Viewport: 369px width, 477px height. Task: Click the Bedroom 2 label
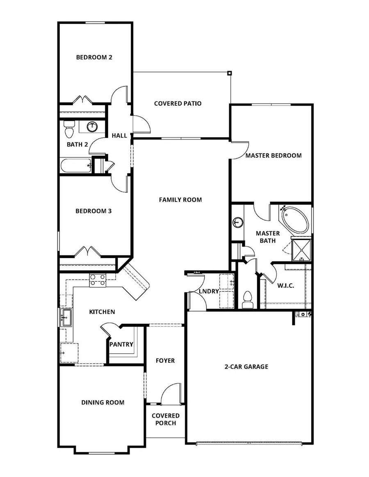point(94,57)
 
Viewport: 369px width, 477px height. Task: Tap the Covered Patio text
point(178,104)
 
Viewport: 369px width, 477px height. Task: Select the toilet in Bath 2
point(69,129)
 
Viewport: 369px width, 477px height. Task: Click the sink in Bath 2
point(93,127)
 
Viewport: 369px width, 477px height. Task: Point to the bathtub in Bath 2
point(76,166)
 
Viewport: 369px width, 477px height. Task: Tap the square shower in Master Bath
point(302,249)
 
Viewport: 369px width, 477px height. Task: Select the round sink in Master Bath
point(237,223)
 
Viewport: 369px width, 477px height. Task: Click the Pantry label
point(121,344)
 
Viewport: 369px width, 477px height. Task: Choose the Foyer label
point(165,361)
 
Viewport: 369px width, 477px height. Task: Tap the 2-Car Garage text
point(246,367)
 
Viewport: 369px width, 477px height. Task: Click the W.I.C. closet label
point(286,285)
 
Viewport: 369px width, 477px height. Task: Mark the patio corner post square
point(230,73)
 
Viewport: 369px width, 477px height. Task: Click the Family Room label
point(180,200)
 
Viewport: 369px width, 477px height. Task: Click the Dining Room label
point(102,402)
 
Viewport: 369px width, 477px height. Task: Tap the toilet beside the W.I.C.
point(246,299)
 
